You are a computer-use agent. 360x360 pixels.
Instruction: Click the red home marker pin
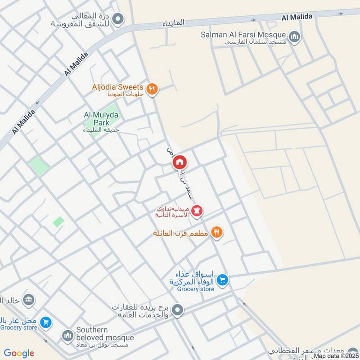(x=180, y=162)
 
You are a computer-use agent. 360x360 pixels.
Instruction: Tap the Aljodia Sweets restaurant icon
(x=152, y=89)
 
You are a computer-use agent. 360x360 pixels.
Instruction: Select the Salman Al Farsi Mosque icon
(x=294, y=37)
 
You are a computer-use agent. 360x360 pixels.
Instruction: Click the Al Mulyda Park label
(x=101, y=118)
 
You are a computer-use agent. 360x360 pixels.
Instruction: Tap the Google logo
(x=19, y=353)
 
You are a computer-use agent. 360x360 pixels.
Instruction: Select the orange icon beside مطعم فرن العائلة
(x=217, y=233)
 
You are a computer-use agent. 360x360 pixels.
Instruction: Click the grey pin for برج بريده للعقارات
(x=178, y=310)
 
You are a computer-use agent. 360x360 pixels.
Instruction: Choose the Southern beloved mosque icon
(x=67, y=336)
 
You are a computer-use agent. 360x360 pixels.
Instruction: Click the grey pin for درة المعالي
(x=118, y=19)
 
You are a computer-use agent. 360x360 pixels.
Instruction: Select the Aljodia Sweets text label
(x=117, y=87)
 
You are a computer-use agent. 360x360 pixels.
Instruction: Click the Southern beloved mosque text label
(x=105, y=334)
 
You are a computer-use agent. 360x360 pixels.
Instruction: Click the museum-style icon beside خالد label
(x=28, y=300)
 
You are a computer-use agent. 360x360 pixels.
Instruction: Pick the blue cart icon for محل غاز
(x=45, y=322)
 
